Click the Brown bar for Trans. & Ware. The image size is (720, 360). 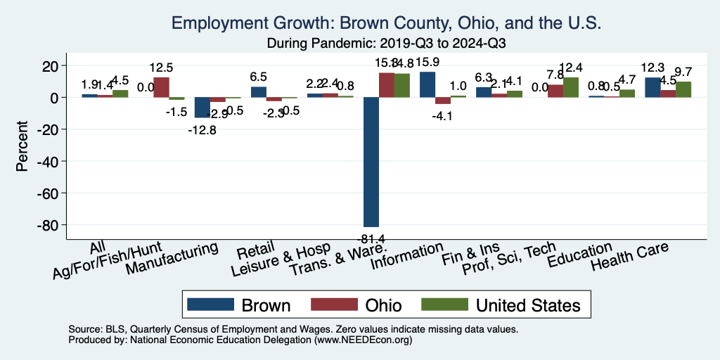371,162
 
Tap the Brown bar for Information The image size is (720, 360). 427,84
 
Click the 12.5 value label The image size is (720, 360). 161,68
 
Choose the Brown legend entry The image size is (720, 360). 240,304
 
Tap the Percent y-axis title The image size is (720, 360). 22,148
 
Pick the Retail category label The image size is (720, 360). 252,252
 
